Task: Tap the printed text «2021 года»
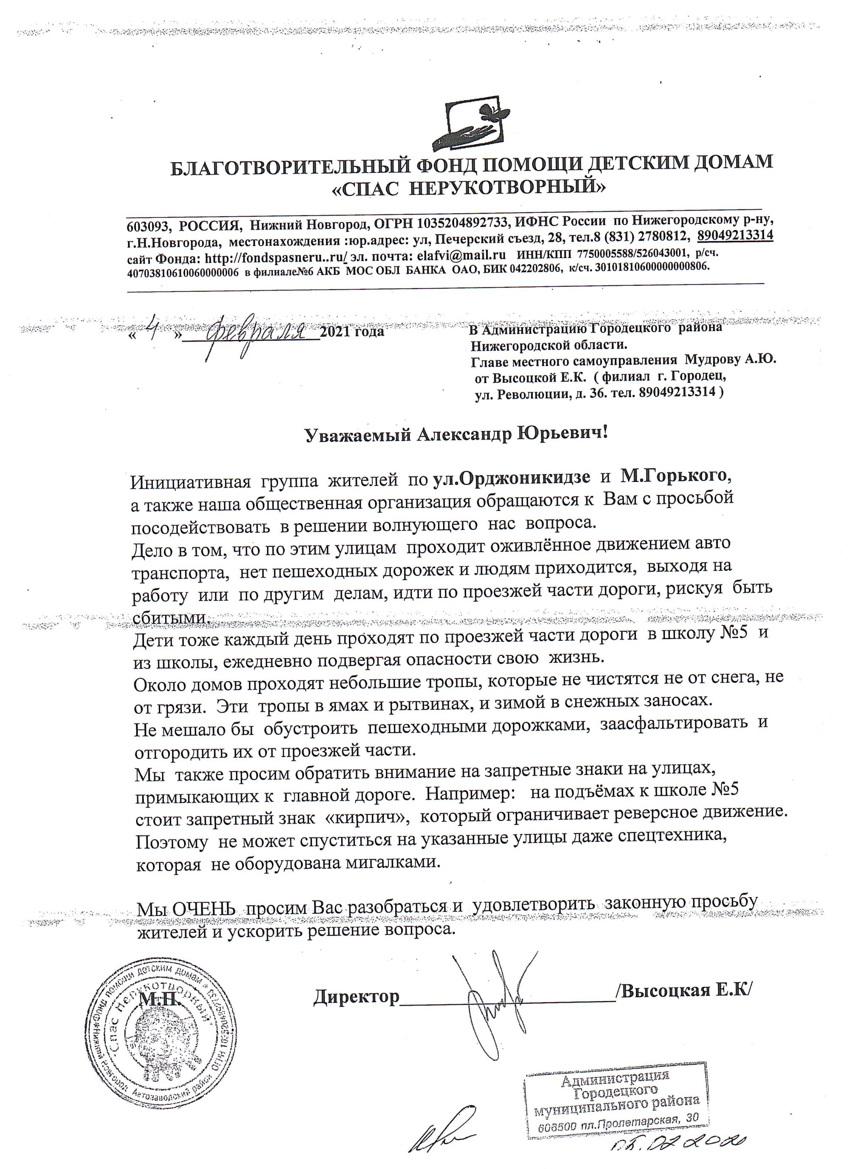[352, 332]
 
